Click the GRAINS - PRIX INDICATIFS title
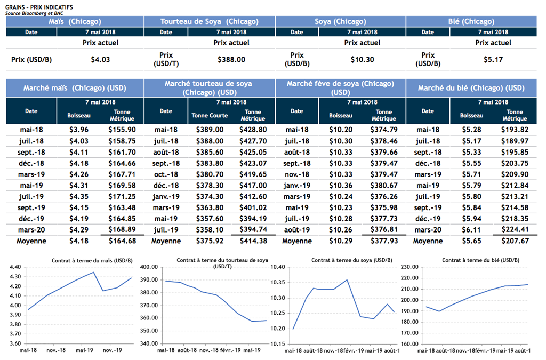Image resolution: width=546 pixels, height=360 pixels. point(39,5)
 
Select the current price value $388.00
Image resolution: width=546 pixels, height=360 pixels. point(231,60)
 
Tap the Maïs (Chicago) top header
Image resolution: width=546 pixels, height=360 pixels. point(75,21)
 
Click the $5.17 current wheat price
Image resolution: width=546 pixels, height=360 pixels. point(493,60)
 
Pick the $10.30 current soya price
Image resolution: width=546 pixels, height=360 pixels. point(362,60)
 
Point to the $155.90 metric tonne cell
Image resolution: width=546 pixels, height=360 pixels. point(122,130)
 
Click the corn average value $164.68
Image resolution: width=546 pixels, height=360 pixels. point(122,241)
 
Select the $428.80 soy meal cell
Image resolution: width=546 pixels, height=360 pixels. point(253,130)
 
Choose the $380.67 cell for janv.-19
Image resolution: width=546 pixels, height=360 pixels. point(384,186)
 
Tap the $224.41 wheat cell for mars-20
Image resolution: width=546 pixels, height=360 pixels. point(515,230)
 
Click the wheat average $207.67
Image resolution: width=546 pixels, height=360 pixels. point(515,241)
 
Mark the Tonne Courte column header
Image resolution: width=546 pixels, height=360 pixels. point(210,115)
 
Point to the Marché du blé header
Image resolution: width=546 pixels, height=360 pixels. point(471,87)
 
